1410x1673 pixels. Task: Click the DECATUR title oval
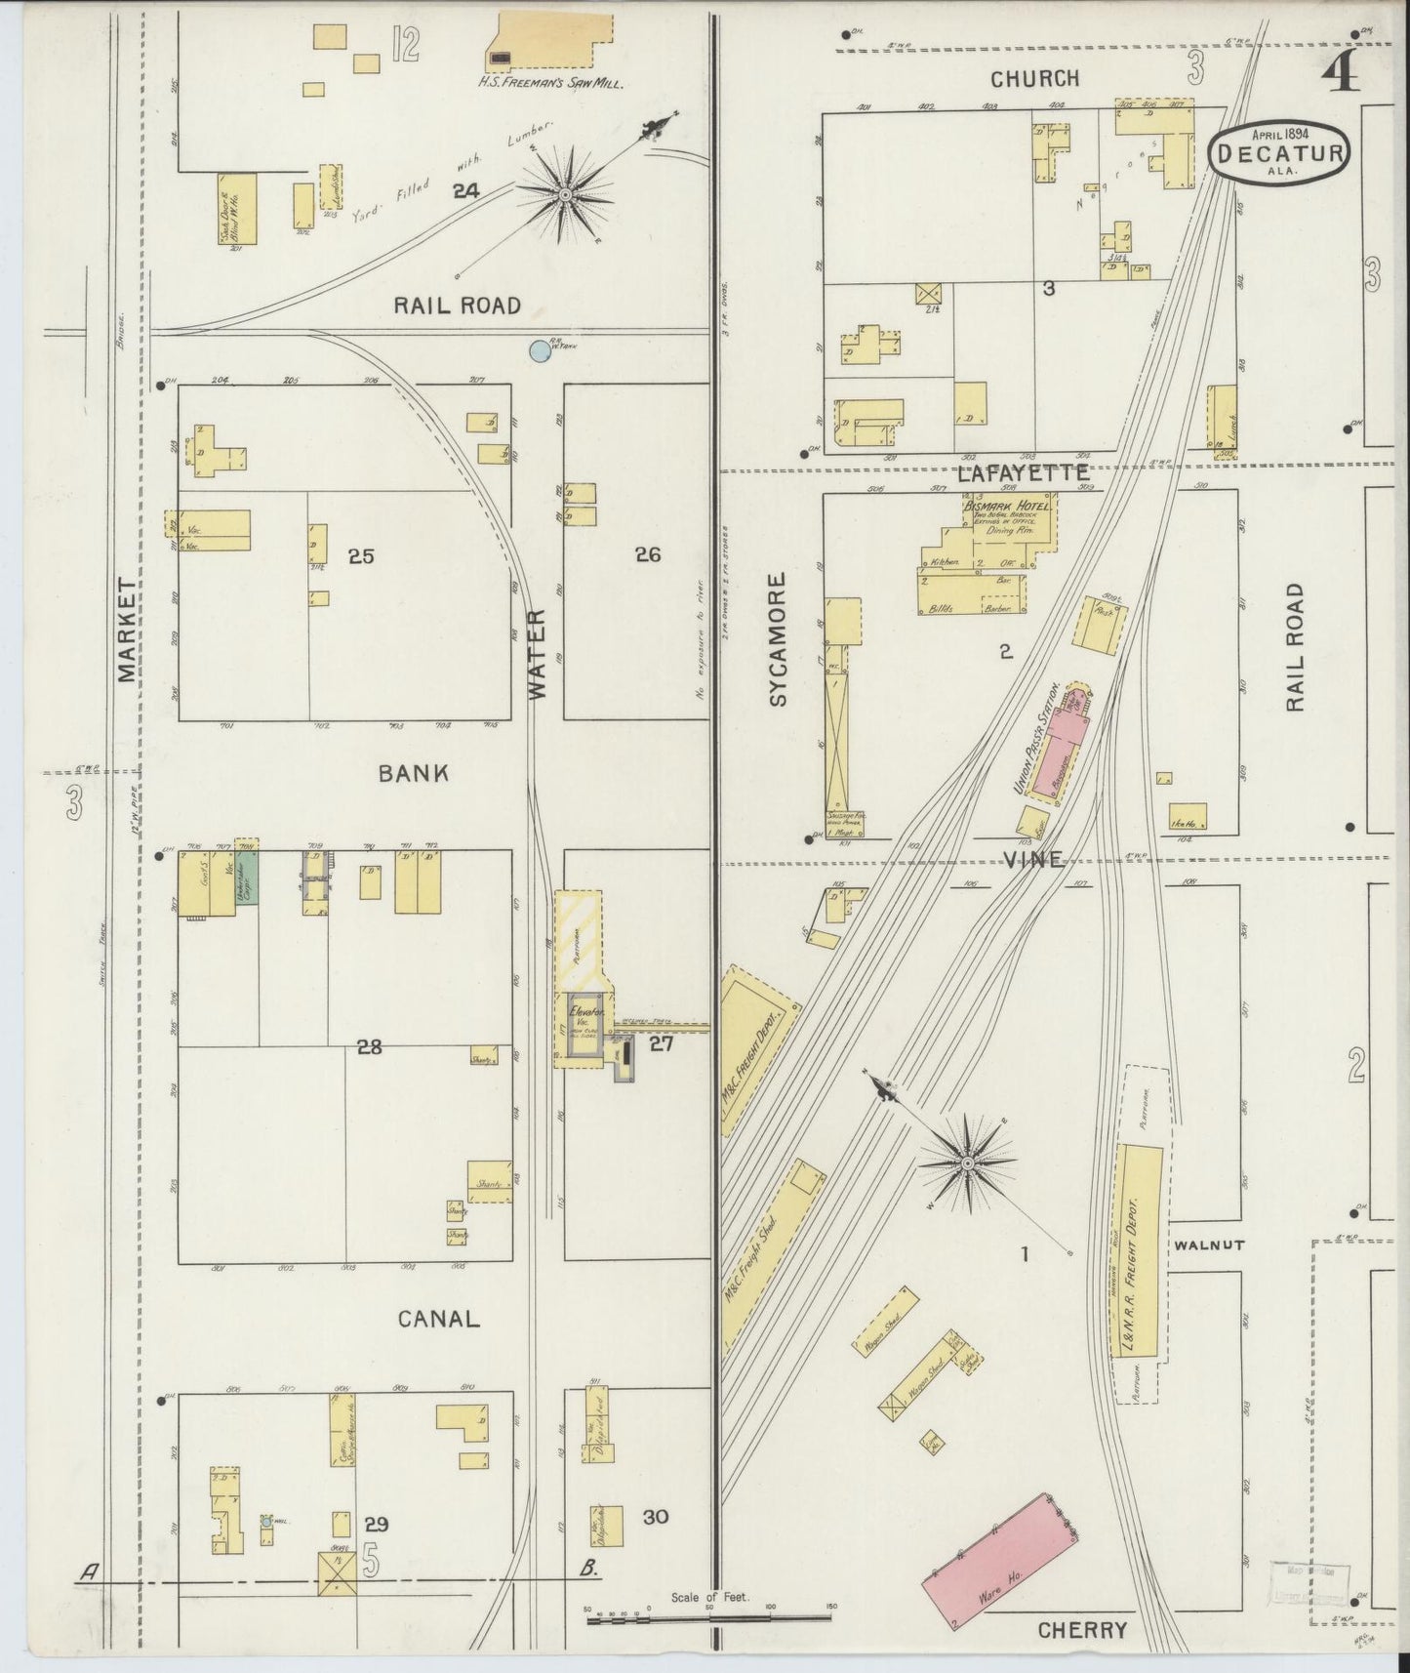point(1280,152)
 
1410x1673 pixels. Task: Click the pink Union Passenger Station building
point(1055,748)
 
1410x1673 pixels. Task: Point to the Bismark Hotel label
point(1007,507)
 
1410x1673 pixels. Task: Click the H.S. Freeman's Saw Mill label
point(550,83)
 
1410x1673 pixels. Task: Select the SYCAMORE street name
point(777,639)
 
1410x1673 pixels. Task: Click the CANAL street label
point(438,1319)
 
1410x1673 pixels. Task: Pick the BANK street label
point(414,773)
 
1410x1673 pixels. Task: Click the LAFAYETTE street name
point(1022,473)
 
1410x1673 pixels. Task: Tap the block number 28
point(369,1047)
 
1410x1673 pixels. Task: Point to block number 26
point(648,554)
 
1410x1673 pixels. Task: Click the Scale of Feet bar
point(709,1618)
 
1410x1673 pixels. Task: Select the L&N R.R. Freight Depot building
point(1138,1253)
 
